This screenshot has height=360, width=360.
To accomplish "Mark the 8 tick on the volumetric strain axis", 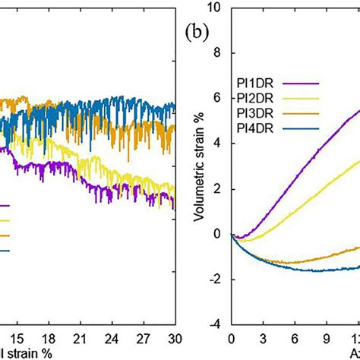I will coord(218,53).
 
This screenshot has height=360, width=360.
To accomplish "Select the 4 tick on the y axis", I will coord(218,144).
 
